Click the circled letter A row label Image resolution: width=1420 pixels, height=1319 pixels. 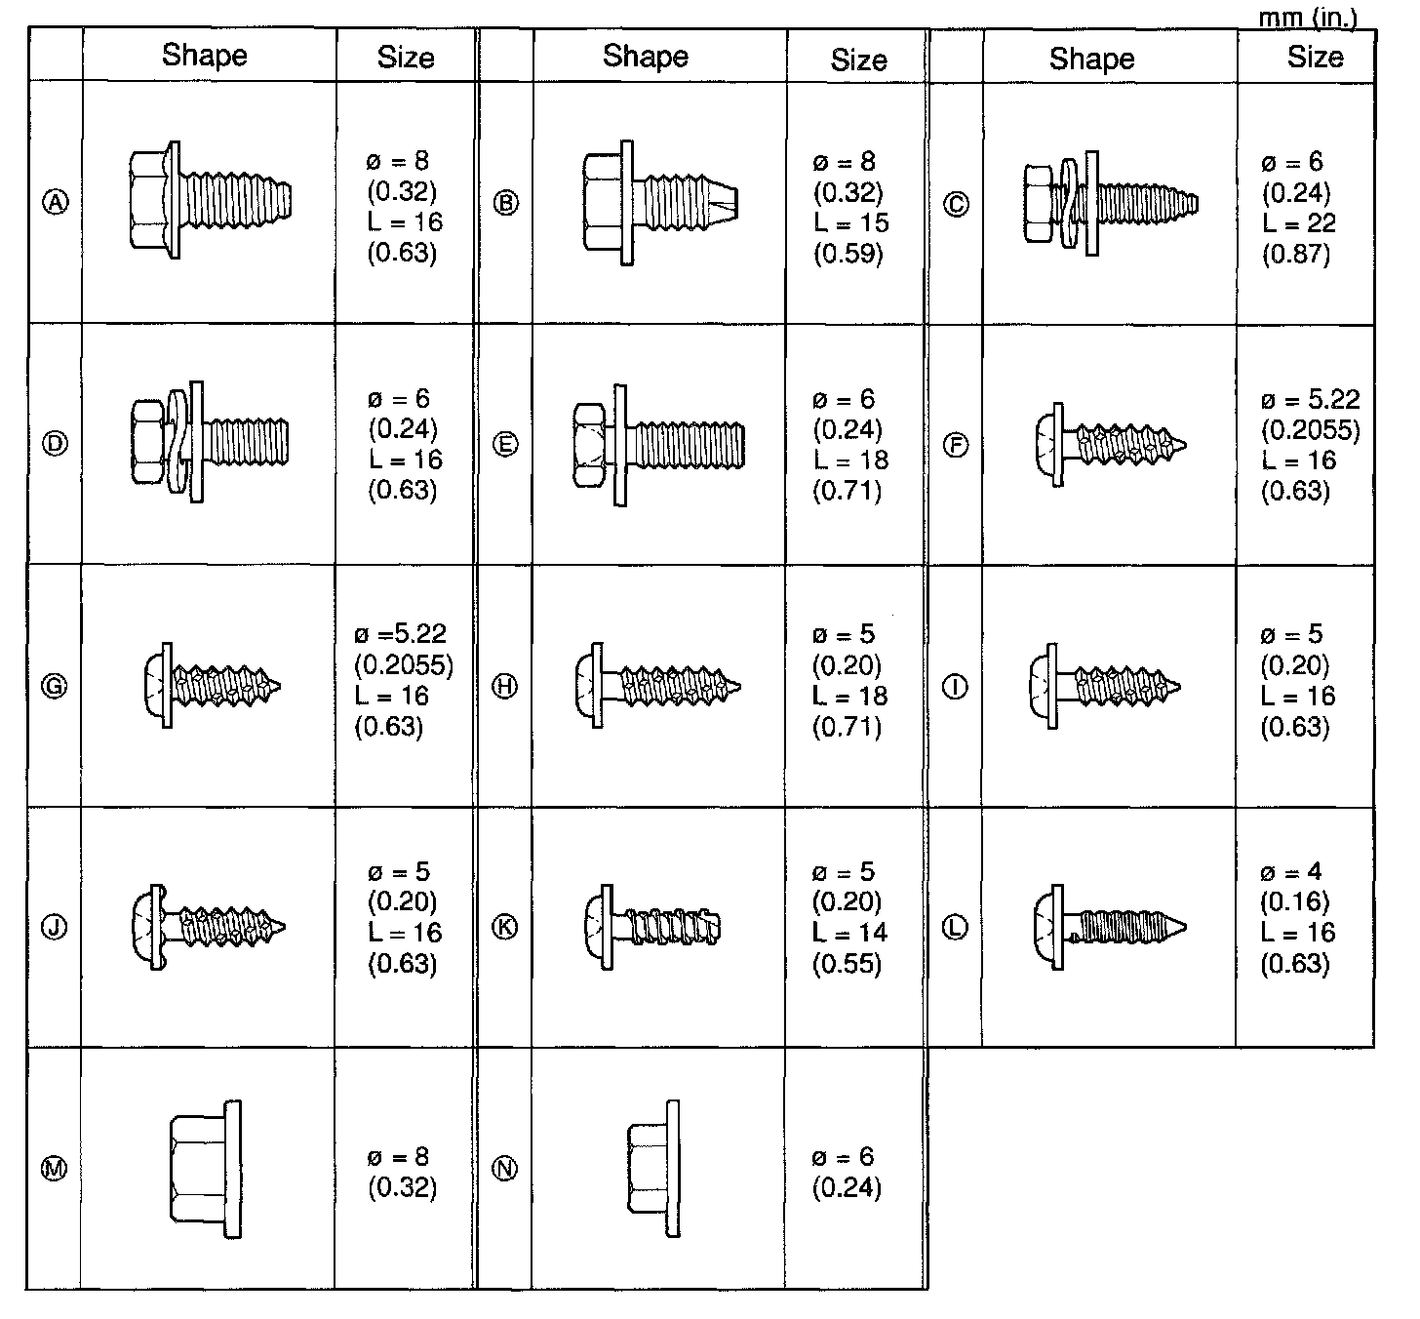pyautogui.click(x=57, y=202)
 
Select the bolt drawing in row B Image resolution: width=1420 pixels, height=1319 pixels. pyautogui.click(x=658, y=202)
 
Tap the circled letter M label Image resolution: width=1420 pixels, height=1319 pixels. pyautogui.click(x=56, y=1169)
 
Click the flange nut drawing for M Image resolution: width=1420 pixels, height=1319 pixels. pyautogui.click(x=205, y=1169)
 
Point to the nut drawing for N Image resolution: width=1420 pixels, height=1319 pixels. pyautogui.click(x=652, y=1169)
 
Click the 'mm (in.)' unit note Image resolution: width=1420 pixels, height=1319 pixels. pyautogui.click(x=1307, y=16)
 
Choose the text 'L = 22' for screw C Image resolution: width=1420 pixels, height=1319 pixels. pyautogui.click(x=1299, y=222)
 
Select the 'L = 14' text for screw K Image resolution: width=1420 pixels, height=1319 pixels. pyautogui.click(x=849, y=933)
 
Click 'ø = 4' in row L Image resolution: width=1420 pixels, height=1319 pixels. pyautogui.click(x=1290, y=871)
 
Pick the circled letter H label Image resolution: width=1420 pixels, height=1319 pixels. pyautogui.click(x=506, y=687)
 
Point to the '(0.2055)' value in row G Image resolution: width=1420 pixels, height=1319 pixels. pyautogui.click(x=404, y=665)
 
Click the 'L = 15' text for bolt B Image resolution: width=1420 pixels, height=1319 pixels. pyautogui.click(x=851, y=222)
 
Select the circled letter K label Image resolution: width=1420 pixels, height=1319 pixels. pyautogui.click(x=506, y=927)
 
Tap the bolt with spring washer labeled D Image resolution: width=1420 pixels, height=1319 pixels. pyautogui.click(x=210, y=442)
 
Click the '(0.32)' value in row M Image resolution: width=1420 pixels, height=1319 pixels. pyautogui.click(x=402, y=1187)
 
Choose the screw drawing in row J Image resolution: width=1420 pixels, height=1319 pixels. pyautogui.click(x=207, y=925)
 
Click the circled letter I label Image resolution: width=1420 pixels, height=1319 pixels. pyautogui.click(x=957, y=687)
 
